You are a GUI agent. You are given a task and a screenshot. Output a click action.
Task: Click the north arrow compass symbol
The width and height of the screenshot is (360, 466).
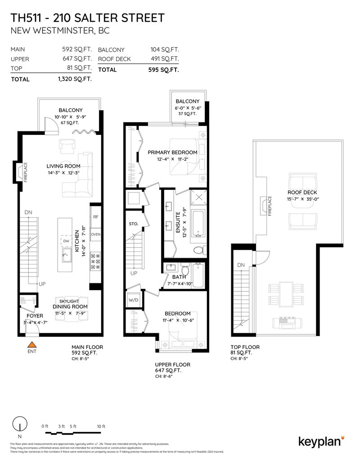click(x=18, y=425)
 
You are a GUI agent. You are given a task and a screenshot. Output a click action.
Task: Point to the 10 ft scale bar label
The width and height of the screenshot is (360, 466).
click(x=101, y=426)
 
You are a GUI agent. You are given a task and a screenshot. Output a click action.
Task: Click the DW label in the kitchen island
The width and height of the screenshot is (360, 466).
click(x=66, y=242)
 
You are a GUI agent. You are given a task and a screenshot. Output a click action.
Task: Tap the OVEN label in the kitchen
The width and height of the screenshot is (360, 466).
click(x=95, y=235)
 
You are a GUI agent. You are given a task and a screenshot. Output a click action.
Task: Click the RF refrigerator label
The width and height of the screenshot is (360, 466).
click(x=95, y=217)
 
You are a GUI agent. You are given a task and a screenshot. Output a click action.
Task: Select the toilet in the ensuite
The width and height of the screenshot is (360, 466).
click(x=197, y=250)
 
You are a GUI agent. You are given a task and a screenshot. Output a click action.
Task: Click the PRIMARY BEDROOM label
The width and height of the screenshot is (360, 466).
click(x=173, y=152)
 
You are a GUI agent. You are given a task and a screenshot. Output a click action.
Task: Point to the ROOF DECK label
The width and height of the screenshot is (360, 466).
click(x=302, y=193)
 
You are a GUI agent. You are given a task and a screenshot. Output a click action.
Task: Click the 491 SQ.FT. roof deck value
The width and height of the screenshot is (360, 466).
click(x=164, y=59)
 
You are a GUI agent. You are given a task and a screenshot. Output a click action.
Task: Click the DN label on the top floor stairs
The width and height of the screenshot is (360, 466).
click(x=241, y=265)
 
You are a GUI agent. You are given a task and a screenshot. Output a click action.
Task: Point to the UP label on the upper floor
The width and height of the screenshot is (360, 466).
click(x=134, y=273)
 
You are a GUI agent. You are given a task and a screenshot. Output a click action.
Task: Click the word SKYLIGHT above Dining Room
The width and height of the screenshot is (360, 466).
click(x=70, y=300)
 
